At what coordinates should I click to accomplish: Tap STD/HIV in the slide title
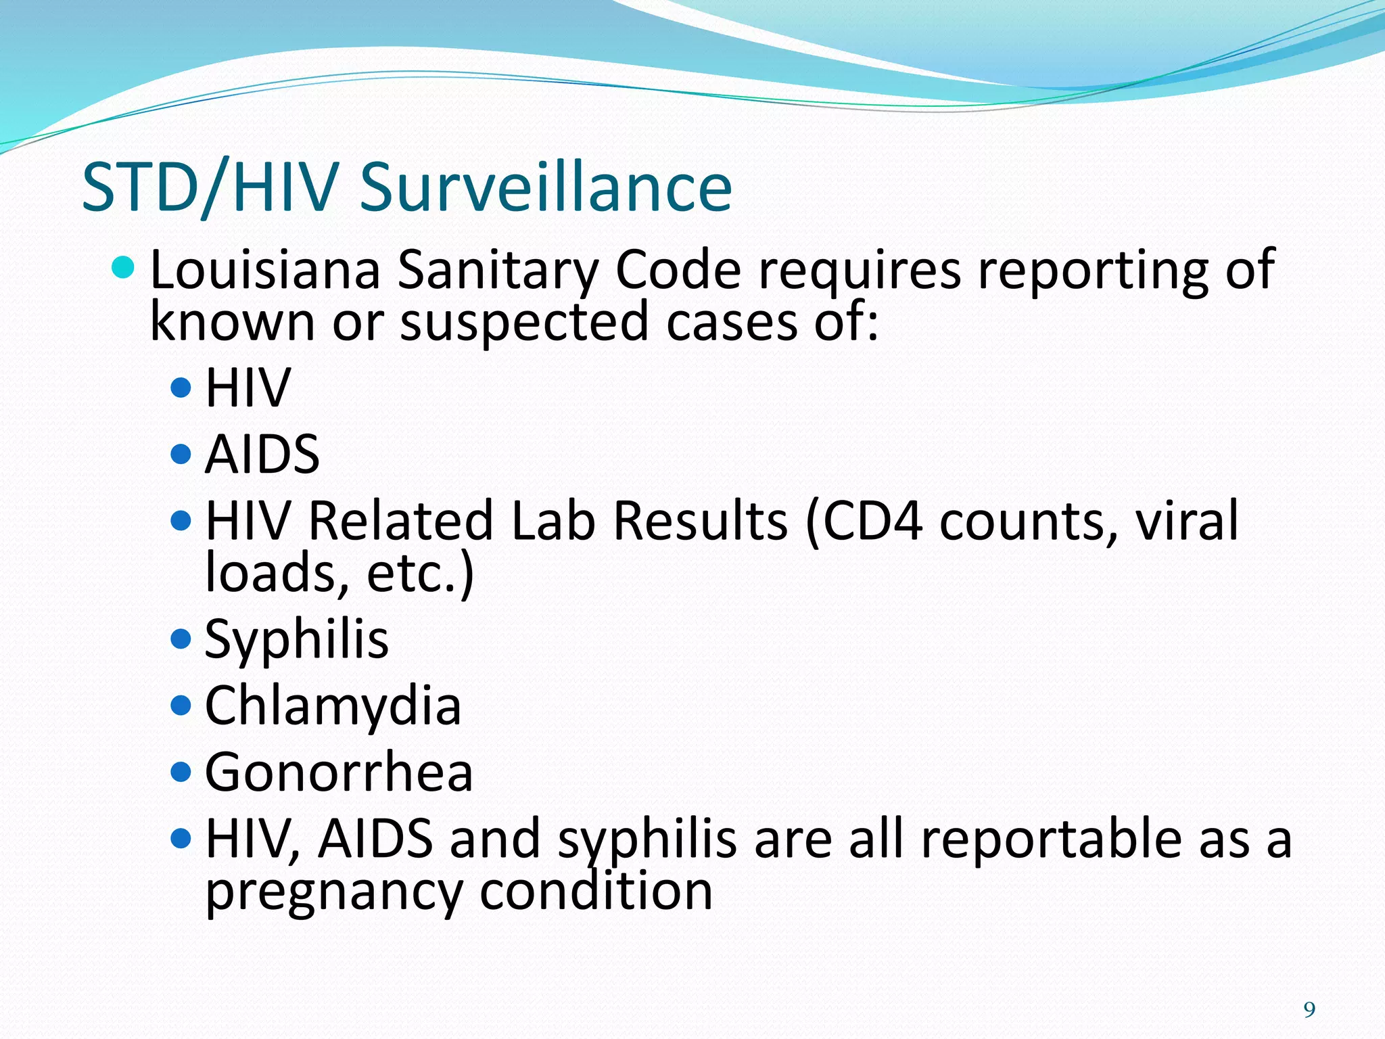coord(210,188)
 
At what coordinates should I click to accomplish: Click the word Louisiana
coord(265,271)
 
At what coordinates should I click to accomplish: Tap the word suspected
coord(524,322)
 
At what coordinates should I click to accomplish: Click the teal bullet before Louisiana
coord(122,268)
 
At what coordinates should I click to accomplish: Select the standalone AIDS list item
coord(262,454)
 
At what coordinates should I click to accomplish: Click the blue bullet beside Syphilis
coord(181,639)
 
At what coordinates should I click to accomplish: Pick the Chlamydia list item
coord(333,706)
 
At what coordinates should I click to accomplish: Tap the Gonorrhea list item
coord(339,772)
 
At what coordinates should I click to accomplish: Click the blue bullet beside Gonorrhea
coord(181,771)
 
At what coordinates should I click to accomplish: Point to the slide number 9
coord(1309,1010)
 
